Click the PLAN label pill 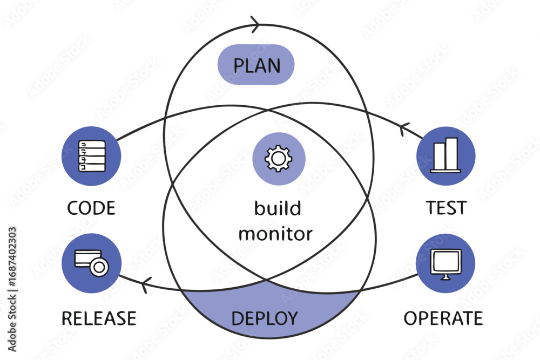pos(256,65)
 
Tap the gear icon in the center pos(279,159)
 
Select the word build pos(278,209)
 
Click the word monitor pos(275,234)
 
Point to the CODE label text pos(91,208)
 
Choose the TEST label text pos(446,208)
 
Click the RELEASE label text pos(99,318)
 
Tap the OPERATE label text pos(443,318)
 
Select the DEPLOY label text pos(264,318)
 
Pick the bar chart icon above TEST pos(446,155)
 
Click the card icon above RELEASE pos(91,262)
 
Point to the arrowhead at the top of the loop pos(255,24)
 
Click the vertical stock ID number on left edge pos(13,269)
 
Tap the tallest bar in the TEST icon pos(451,153)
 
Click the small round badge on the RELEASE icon pos(99,267)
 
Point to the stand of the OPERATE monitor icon pos(446,277)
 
